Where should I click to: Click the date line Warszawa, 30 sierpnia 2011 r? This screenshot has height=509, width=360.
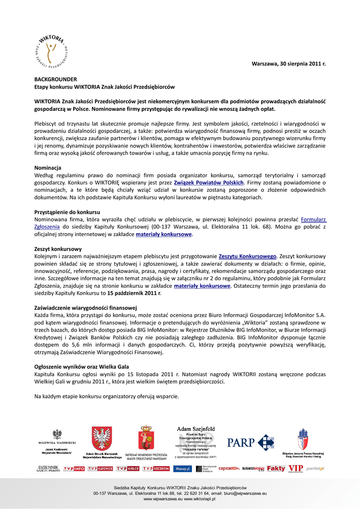(288, 64)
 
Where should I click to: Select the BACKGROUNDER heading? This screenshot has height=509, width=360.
(55, 79)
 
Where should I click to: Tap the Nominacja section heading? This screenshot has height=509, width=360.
(48, 168)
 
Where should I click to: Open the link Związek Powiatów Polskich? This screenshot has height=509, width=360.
(209, 182)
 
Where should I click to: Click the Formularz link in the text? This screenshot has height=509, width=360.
(313, 219)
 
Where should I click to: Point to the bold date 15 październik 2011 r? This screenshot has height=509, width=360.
(134, 293)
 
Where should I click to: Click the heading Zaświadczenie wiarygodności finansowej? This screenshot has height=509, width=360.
(85, 308)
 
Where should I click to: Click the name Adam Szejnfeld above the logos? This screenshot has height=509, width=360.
(196, 428)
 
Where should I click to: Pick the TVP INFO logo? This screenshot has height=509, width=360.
(74, 469)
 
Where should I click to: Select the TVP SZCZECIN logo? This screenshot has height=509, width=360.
(156, 469)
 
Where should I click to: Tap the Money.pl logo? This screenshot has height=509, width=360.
(181, 469)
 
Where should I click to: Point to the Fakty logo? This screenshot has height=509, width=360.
(276, 468)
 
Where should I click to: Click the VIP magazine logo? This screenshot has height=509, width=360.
(295, 468)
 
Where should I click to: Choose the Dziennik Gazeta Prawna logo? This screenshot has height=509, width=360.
(48, 469)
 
